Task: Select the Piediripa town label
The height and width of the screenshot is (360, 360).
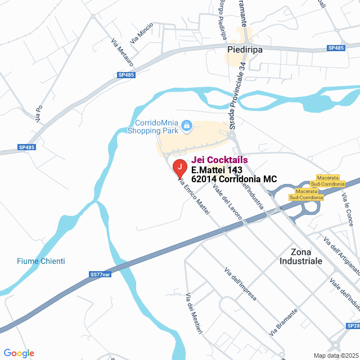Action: [245, 49]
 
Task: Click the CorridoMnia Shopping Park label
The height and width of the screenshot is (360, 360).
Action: [157, 127]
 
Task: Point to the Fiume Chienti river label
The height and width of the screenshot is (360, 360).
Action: [40, 261]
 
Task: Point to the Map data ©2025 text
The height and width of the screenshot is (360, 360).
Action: [336, 355]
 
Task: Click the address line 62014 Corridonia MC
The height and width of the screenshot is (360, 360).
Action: [234, 179]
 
